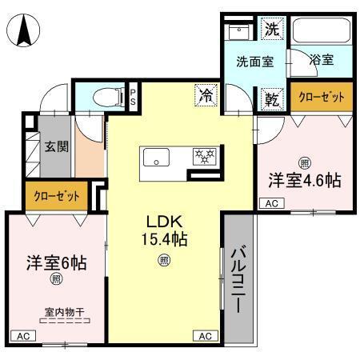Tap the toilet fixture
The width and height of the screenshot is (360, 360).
pos(103,97)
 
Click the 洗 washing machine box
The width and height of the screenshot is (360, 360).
pos(273,31)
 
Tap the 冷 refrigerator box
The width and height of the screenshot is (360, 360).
pos(206,97)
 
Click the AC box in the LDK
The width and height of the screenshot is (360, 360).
pos(205,335)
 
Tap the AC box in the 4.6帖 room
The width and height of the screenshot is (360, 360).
pos(270,205)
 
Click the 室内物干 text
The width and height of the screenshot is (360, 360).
pos(65,313)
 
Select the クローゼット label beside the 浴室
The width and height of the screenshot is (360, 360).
pos(322,97)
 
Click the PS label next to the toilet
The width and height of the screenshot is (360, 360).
pos(133,97)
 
